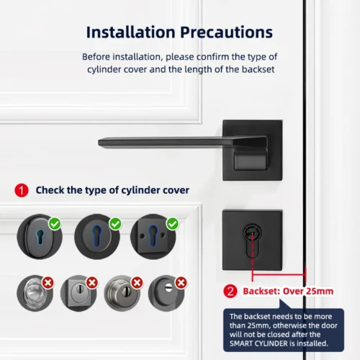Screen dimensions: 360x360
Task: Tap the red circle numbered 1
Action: click(x=22, y=190)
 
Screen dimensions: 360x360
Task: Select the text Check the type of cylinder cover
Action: click(x=112, y=190)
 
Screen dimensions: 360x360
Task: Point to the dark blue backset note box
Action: click(x=284, y=329)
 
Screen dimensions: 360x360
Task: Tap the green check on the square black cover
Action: click(x=171, y=224)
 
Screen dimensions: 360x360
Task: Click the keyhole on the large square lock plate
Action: click(x=251, y=235)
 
